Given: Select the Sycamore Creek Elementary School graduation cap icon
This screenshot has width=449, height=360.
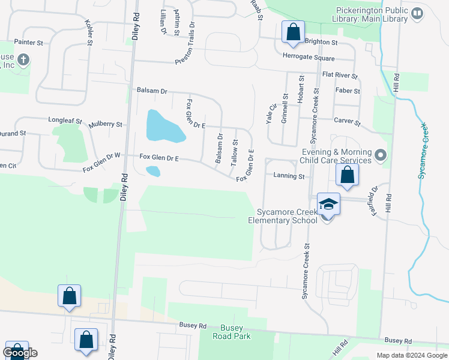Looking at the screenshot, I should click(x=328, y=205).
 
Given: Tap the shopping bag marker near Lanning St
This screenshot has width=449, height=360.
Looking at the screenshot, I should click(x=347, y=175).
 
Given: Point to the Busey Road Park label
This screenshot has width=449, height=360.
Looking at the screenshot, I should click(x=232, y=332).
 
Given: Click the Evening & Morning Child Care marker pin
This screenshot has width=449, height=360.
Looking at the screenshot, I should click(x=379, y=156).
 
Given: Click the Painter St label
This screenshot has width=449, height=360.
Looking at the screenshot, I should click(x=30, y=43).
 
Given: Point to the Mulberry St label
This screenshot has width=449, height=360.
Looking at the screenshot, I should click(x=106, y=125).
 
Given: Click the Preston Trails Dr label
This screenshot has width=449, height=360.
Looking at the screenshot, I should click(x=185, y=44).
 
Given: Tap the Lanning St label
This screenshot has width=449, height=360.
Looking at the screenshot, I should click(x=289, y=176).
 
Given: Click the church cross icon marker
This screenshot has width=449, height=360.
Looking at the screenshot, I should click(x=23, y=60).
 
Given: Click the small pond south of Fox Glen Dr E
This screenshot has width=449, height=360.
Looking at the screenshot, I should click(x=153, y=172).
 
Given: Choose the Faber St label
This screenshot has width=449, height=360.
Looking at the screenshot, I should click(x=348, y=91).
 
